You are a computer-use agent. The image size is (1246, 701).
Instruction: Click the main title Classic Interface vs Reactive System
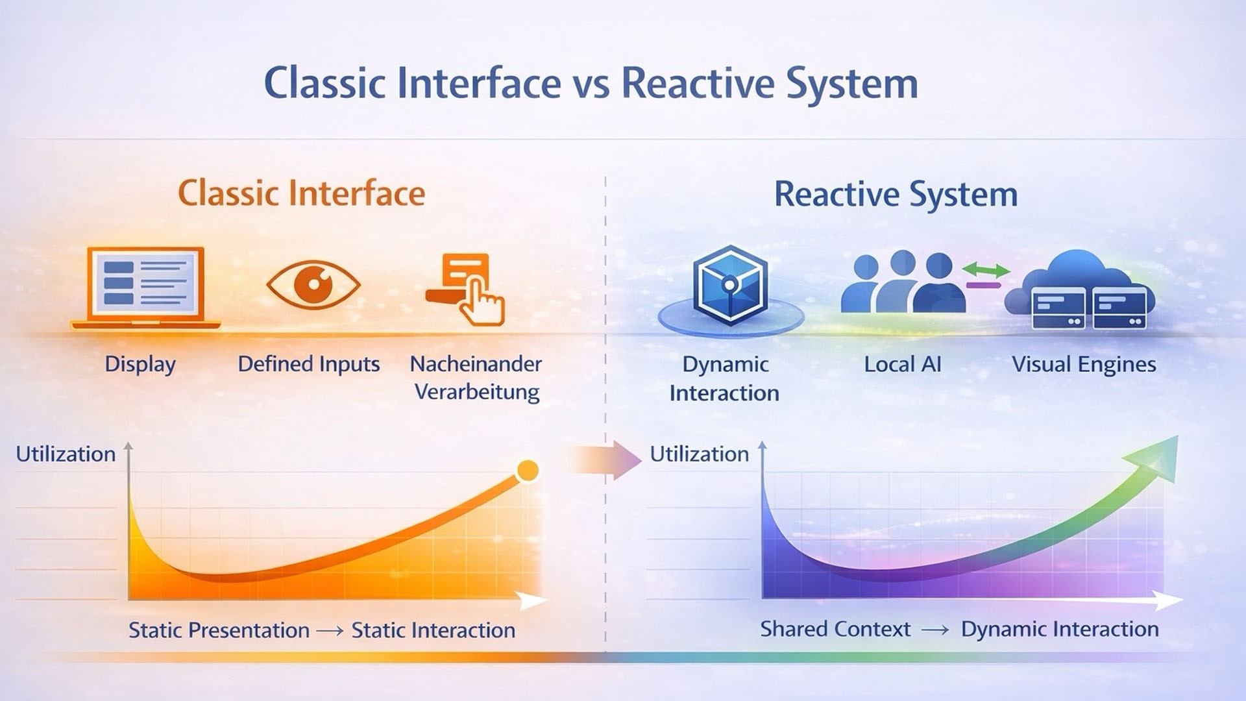pyautogui.click(x=591, y=84)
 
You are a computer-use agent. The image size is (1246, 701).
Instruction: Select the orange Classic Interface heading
pyautogui.click(x=302, y=193)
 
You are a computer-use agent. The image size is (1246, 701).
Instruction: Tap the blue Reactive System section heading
pyautogui.click(x=896, y=195)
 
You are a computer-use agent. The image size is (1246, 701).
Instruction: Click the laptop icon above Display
pyautogui.click(x=146, y=288)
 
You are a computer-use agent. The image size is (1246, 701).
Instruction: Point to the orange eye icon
pyautogui.click(x=313, y=284)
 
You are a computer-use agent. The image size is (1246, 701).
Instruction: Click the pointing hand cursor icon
pyautogui.click(x=481, y=300)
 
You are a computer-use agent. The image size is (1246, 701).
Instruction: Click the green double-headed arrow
pyautogui.click(x=986, y=269)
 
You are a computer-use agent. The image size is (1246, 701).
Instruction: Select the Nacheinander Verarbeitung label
pyautogui.click(x=476, y=378)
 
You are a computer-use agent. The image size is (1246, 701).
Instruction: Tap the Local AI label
pyautogui.click(x=903, y=364)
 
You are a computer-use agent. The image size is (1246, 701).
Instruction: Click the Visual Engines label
pyautogui.click(x=1084, y=365)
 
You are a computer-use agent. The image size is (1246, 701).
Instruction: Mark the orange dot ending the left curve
pyautogui.click(x=528, y=471)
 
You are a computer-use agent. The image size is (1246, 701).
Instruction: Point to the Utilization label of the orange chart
pyautogui.click(x=66, y=454)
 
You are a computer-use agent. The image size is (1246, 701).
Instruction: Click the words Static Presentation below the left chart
pyautogui.click(x=219, y=630)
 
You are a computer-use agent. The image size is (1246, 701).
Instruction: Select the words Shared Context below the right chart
pyautogui.click(x=835, y=629)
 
